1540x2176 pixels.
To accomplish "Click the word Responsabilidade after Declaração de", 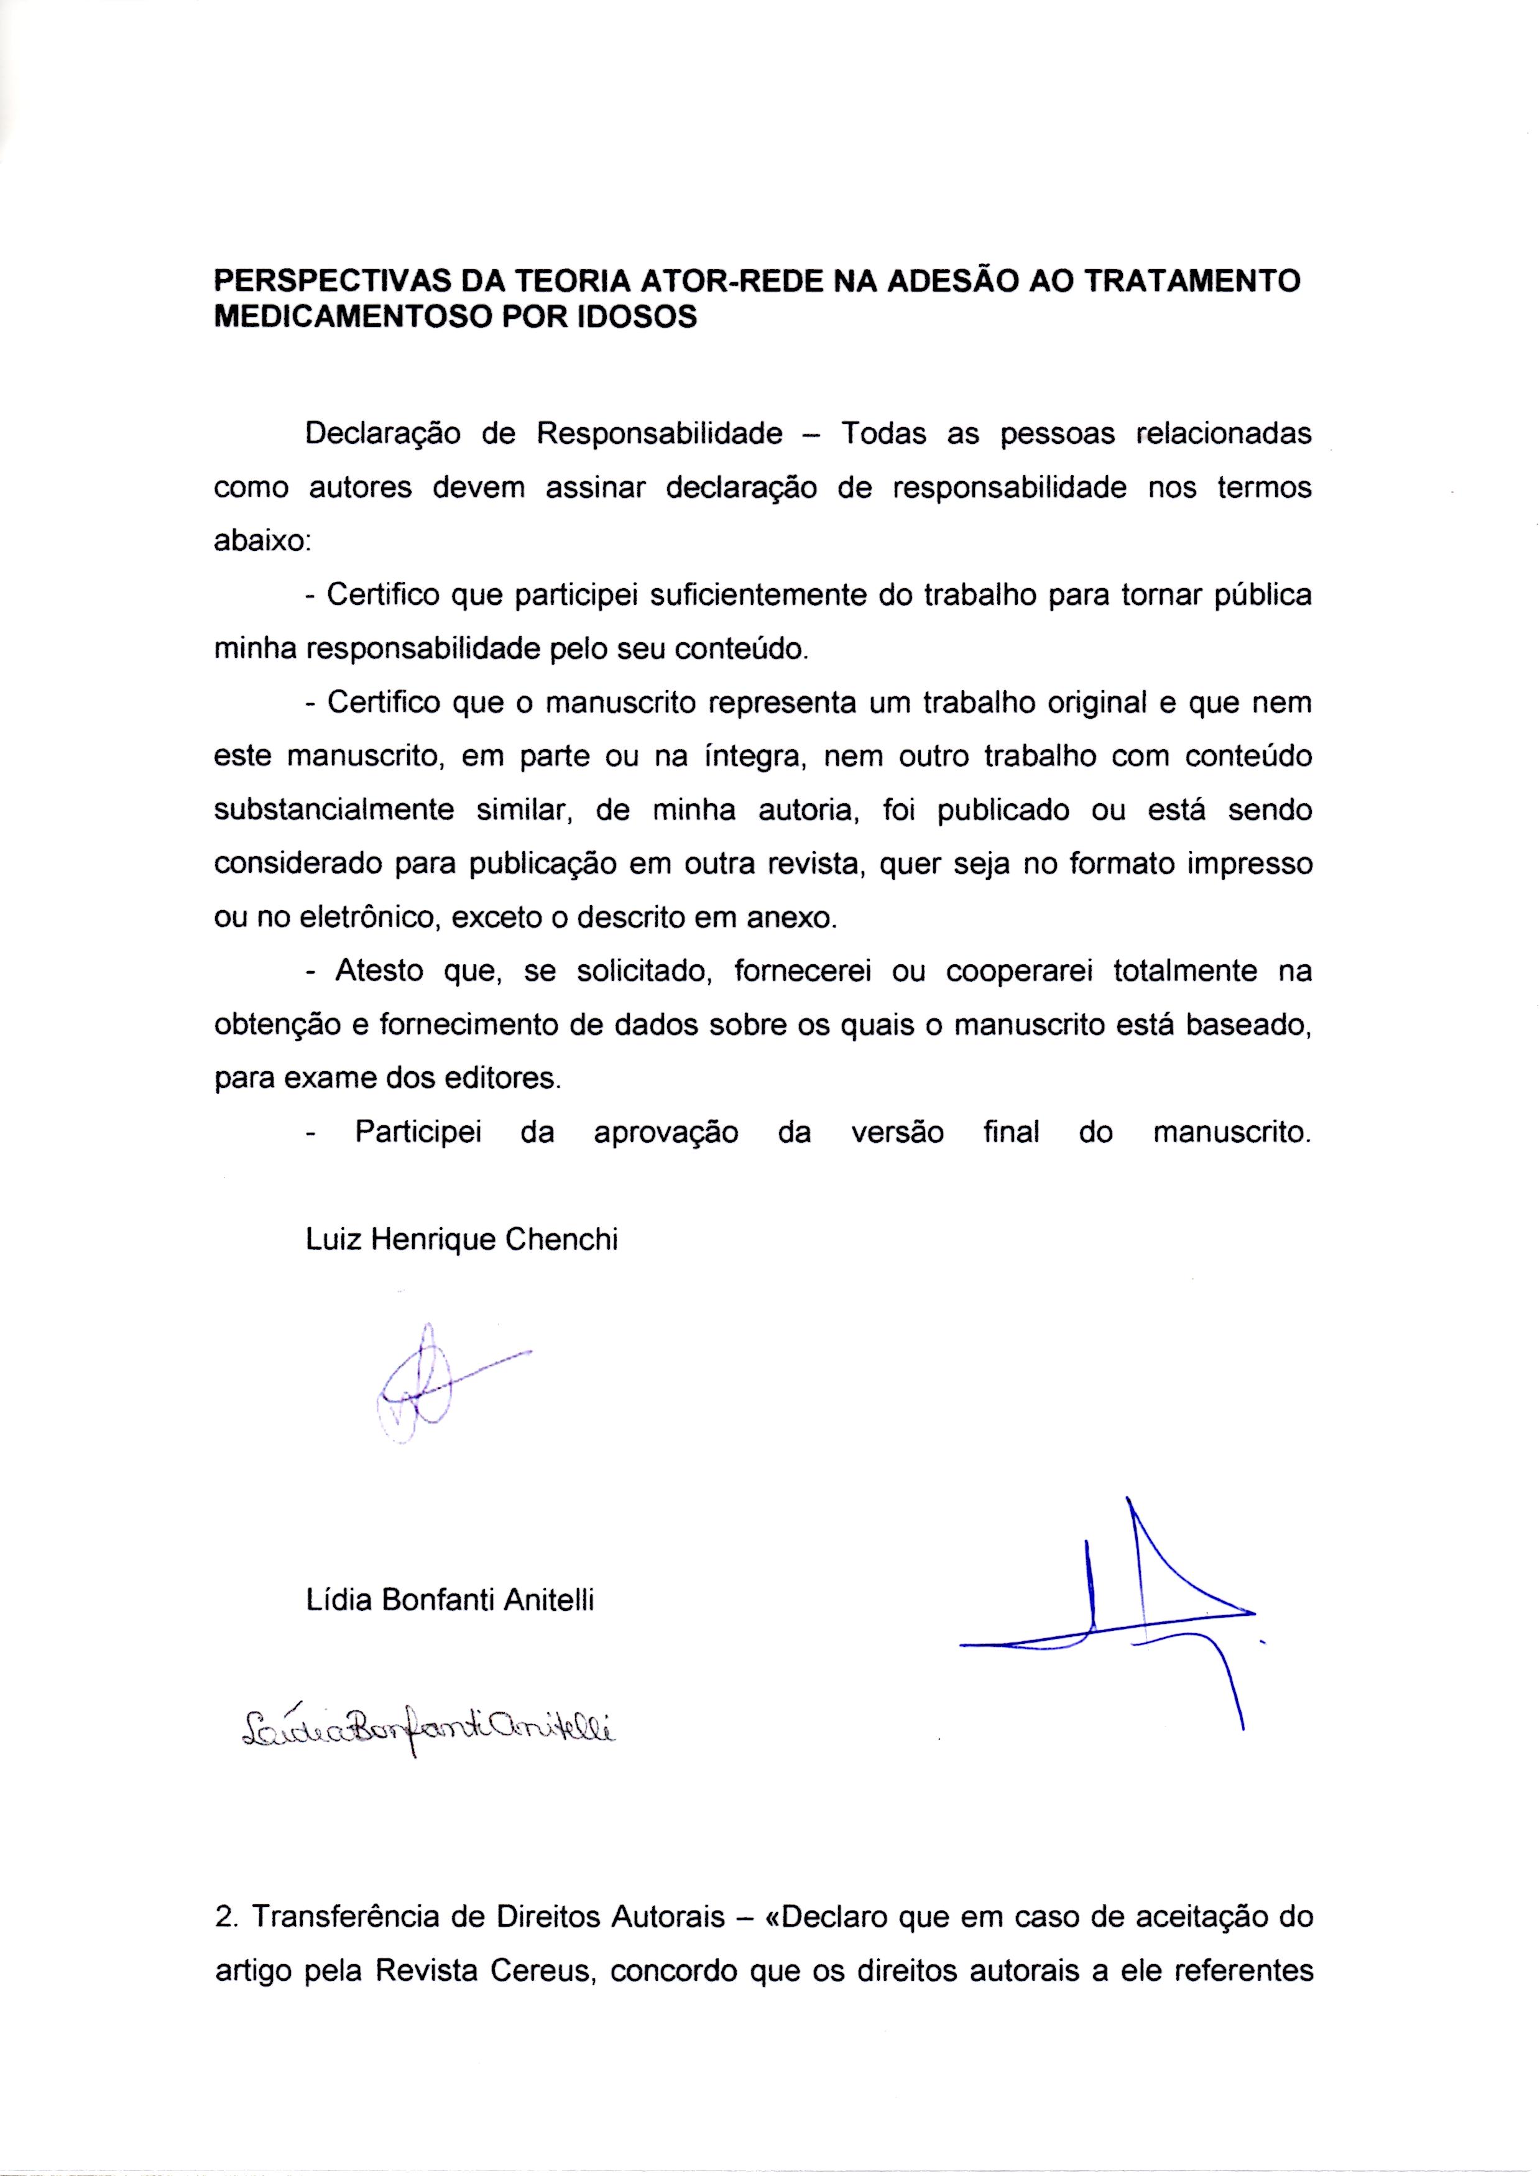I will pyautogui.click(x=660, y=434).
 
